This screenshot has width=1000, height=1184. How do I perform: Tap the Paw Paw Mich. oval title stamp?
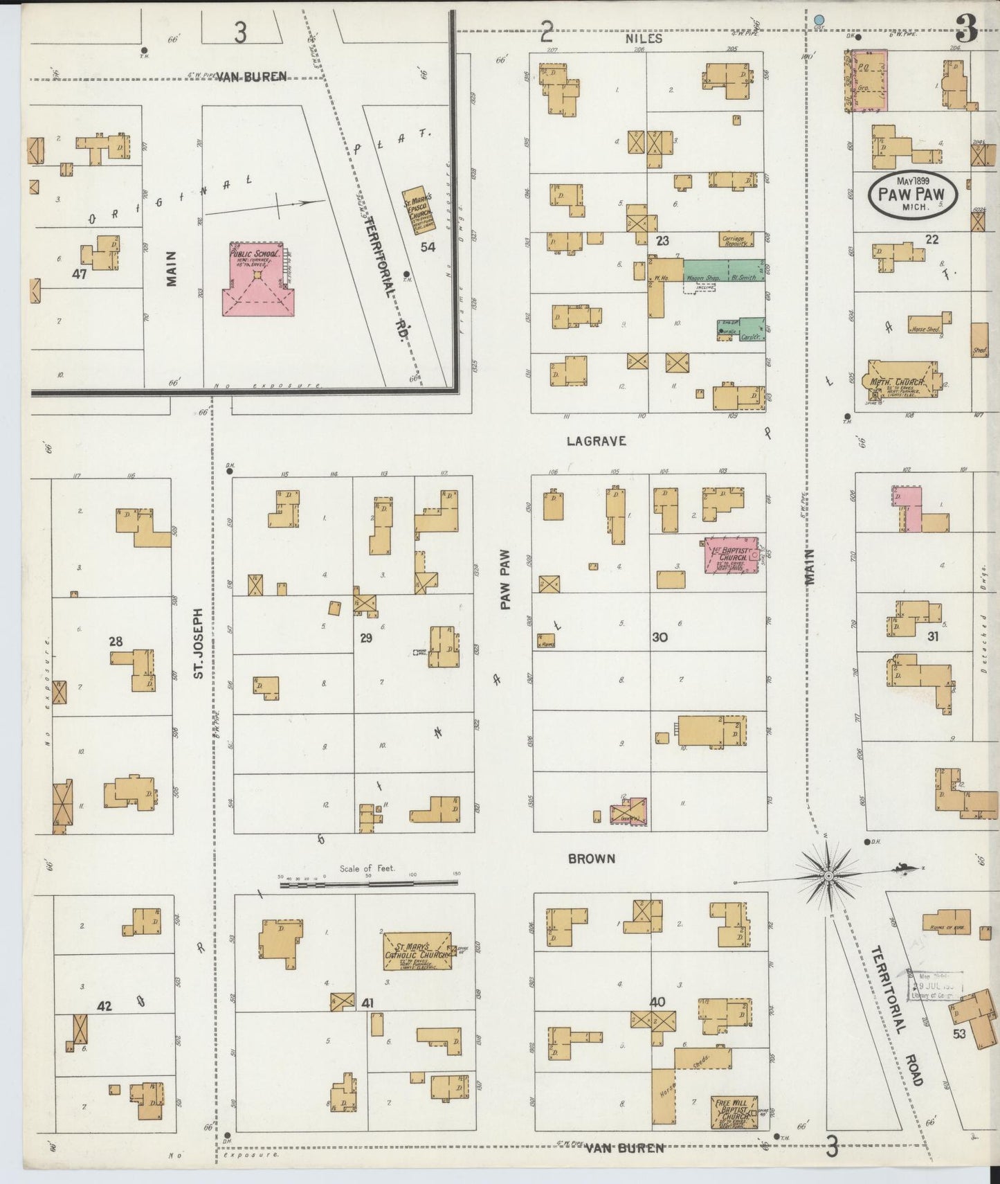[913, 193]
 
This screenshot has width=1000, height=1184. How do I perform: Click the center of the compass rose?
[828, 877]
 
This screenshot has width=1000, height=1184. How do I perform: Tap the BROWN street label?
[591, 859]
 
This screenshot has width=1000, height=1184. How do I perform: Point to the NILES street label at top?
[644, 39]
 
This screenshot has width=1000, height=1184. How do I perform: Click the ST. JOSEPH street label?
[199, 643]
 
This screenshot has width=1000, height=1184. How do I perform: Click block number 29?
[366, 638]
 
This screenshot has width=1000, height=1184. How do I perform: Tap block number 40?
[657, 1001]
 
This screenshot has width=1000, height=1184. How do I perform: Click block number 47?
[80, 274]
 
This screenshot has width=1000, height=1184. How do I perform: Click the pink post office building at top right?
[866, 80]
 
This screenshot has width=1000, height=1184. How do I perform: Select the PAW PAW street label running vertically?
[505, 580]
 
